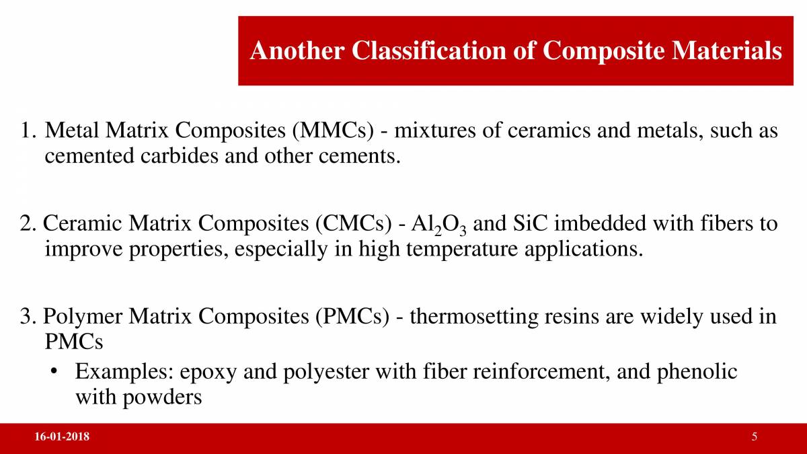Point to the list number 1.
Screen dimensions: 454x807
[x=28, y=130]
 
